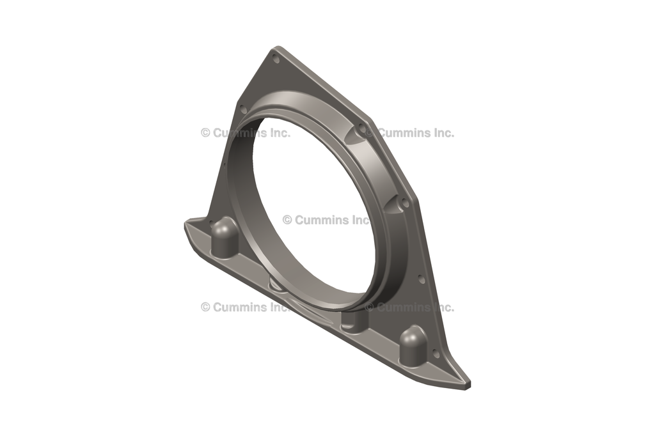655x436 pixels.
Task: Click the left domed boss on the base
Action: coord(224,230)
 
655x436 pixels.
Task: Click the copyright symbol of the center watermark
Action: coord(287,220)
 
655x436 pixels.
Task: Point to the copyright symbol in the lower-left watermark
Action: coord(205,307)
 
